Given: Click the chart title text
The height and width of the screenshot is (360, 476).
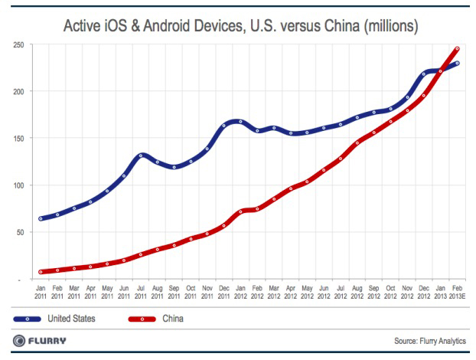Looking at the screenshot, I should click(238, 28).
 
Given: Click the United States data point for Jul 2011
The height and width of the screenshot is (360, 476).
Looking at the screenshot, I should click(140, 155).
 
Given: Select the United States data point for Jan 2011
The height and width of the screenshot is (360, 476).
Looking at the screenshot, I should click(41, 218).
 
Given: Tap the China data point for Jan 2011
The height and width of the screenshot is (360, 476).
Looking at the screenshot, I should click(41, 272).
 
